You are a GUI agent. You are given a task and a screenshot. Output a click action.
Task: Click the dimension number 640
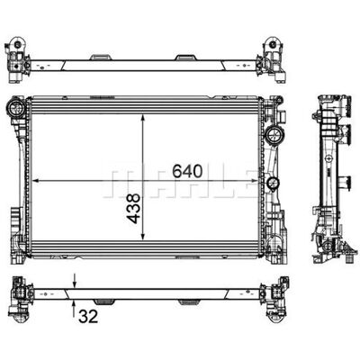coord(187,171)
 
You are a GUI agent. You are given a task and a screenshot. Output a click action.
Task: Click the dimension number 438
coord(133,209)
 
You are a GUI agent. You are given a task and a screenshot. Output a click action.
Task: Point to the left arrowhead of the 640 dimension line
coord(36,181)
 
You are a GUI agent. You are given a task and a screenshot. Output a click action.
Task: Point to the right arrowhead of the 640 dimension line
coord(254,181)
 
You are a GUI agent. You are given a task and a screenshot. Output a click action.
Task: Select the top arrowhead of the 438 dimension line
coord(143,118)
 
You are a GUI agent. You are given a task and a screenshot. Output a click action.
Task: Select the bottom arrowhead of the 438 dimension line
coord(143,236)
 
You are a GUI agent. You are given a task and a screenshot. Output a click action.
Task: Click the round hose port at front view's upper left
coord(16,109)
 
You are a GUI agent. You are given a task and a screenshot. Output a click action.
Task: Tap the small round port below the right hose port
coord(273,183)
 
